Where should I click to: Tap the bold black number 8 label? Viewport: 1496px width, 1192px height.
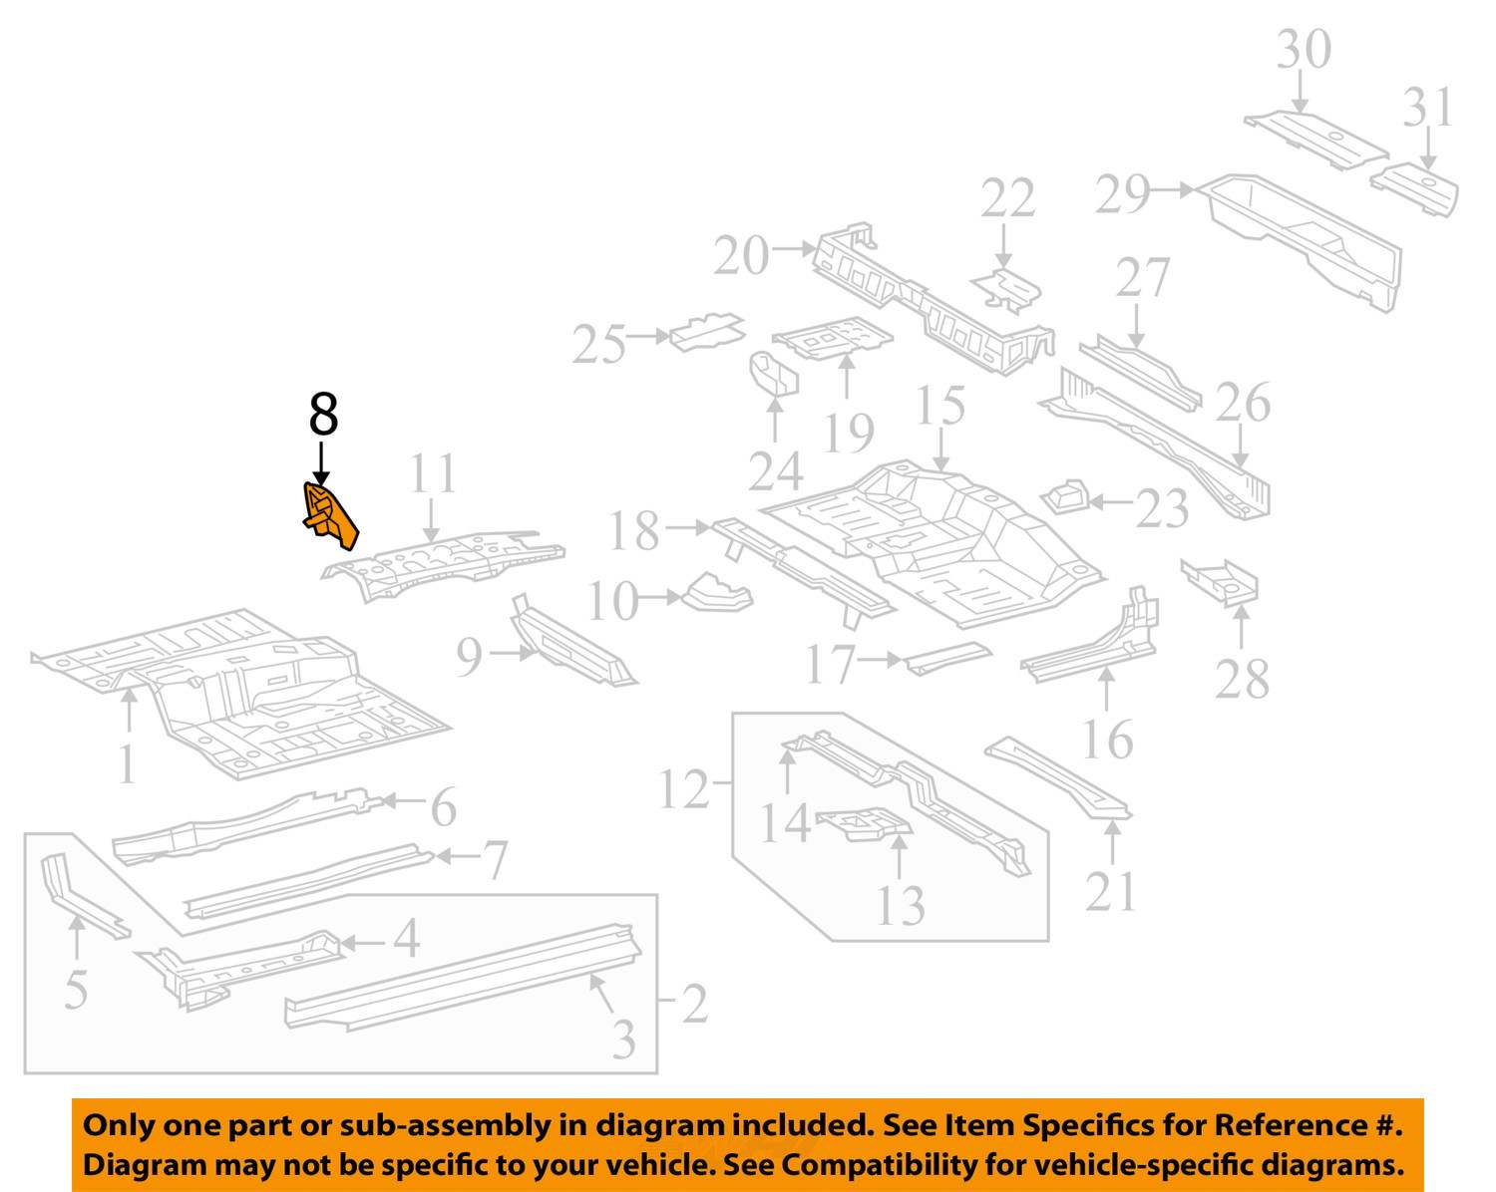coord(323,413)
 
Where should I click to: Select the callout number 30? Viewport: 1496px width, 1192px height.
coord(1304,50)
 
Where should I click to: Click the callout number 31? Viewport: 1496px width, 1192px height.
coord(1428,107)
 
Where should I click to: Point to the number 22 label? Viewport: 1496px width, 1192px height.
coord(1007,199)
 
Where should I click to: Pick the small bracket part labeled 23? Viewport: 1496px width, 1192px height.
coord(1063,495)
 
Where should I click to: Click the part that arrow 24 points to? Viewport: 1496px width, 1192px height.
coord(774,374)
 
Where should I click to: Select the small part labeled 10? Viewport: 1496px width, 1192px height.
coord(716,592)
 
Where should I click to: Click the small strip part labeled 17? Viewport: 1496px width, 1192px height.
coord(947,657)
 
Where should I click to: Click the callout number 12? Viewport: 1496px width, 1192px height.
coord(684,789)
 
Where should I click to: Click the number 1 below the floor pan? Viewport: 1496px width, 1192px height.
coord(126,765)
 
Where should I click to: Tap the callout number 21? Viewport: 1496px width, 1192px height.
coord(1110,891)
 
